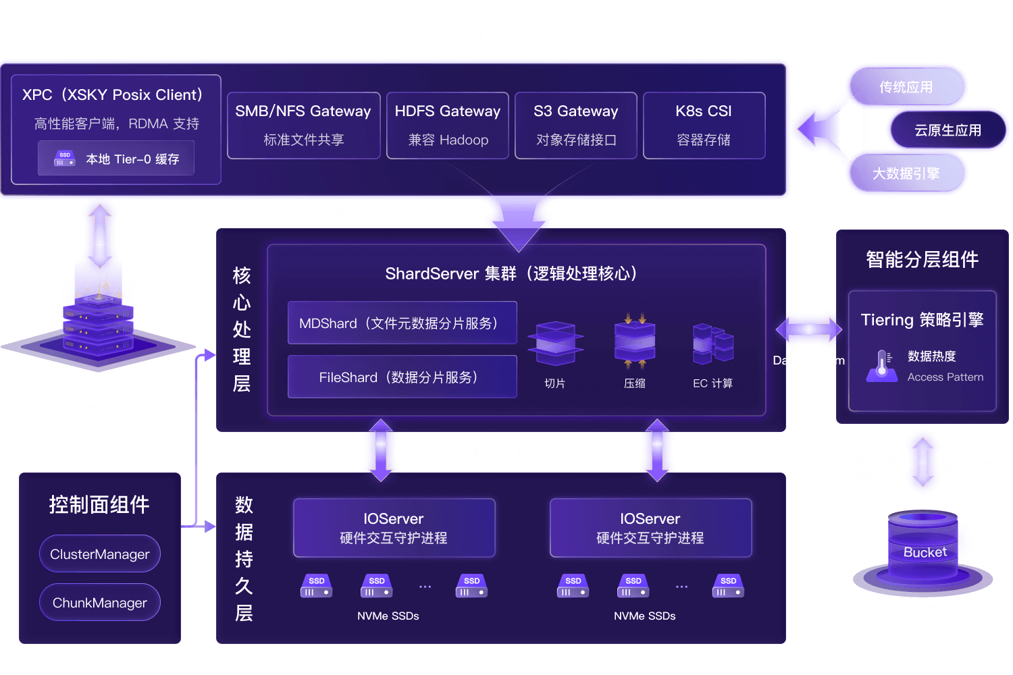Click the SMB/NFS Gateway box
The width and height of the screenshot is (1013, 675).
coord(303,126)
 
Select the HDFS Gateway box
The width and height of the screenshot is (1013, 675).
coord(447,126)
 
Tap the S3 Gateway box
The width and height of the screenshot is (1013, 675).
coord(575,126)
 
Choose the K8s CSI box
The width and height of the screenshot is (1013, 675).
coord(704,126)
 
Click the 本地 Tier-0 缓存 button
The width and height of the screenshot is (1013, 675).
coord(116,159)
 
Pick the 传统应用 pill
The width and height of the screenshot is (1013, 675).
coord(906,87)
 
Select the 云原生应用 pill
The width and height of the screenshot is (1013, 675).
coord(947,130)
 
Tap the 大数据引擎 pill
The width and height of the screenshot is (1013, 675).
coord(906,173)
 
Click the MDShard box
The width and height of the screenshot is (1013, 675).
coord(402,323)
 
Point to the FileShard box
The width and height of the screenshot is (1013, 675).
coord(402,377)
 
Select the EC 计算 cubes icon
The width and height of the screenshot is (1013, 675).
coord(712,344)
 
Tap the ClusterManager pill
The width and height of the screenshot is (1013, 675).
coord(100,554)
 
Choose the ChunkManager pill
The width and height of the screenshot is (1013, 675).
coord(100,603)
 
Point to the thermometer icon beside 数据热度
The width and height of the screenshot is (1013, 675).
coord(881,366)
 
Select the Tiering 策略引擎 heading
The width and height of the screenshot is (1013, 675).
coord(922,319)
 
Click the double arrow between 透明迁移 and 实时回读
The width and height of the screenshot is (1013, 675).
coord(923,462)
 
